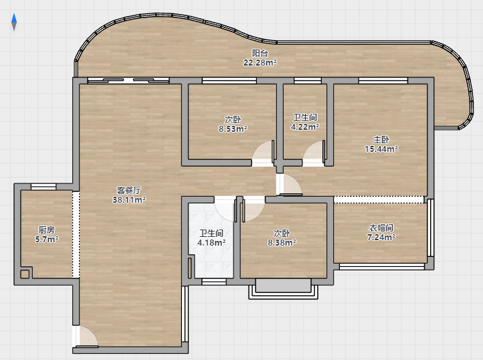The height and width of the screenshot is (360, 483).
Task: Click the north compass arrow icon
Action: tap(14, 22)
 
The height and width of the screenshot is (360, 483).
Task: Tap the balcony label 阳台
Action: tap(260, 53)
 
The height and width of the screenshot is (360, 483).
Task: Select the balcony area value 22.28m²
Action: tap(260, 63)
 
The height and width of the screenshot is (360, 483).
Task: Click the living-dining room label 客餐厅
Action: tap(128, 190)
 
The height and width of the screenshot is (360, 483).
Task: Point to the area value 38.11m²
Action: tap(128, 199)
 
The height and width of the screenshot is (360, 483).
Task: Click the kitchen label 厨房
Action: tap(47, 230)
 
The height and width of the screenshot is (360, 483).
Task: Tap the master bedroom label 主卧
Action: tap(381, 140)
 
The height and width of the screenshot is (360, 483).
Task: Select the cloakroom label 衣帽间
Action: tap(381, 228)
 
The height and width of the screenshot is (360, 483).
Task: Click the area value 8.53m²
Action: tap(233, 129)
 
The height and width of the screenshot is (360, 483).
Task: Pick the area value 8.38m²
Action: tap(282, 243)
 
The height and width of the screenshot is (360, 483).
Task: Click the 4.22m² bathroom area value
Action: tap(305, 126)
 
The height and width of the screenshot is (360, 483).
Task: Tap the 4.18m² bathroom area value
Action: tap(211, 243)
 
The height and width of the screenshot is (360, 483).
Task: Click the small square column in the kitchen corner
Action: tap(25, 274)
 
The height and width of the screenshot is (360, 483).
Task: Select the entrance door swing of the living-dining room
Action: tap(87, 337)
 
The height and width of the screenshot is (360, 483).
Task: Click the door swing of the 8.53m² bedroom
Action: tap(263, 153)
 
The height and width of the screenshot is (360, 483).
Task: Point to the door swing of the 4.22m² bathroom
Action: tap(314, 153)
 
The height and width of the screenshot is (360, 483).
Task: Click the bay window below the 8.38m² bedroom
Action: tap(284, 289)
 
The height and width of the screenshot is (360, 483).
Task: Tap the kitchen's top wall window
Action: tap(43, 187)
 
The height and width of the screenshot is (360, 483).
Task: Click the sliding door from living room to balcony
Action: tap(128, 81)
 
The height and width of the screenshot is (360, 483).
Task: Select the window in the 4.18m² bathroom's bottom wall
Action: tap(214, 282)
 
